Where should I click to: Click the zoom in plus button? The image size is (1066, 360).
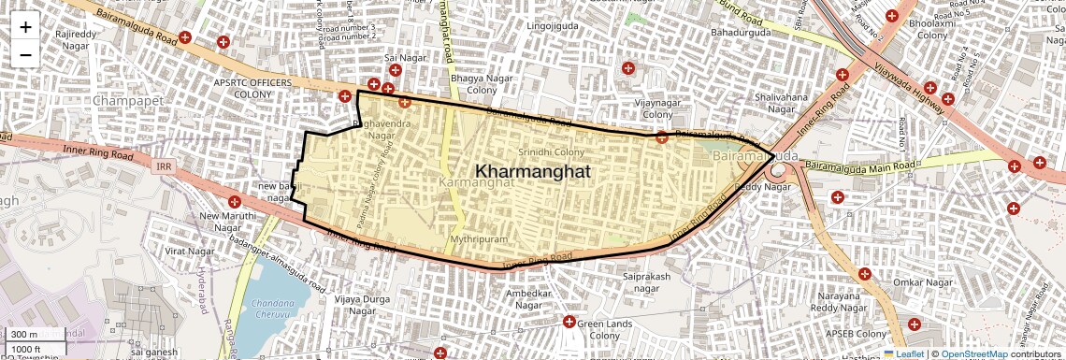[25, 26]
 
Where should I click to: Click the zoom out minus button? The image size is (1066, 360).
[25, 54]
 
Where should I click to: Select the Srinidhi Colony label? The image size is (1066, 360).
[551, 151]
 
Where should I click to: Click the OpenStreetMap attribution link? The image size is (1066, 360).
[973, 353]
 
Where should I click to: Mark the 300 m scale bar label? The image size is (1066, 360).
[24, 335]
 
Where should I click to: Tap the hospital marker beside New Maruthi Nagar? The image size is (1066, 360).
[235, 201]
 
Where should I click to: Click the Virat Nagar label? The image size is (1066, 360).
[190, 252]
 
